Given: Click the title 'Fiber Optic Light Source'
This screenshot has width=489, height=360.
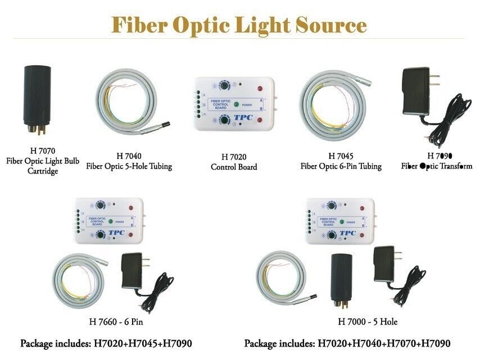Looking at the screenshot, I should (239, 25).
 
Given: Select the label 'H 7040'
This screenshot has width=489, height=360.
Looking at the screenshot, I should (129, 156).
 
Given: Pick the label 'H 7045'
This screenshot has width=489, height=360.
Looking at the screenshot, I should (341, 155).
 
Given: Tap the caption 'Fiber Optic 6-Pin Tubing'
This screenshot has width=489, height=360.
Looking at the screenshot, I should (341, 166).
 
